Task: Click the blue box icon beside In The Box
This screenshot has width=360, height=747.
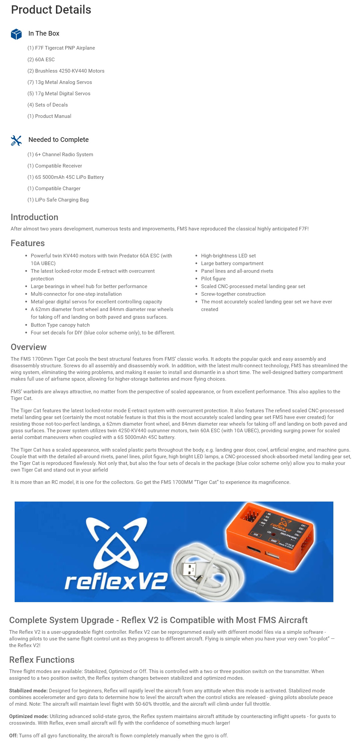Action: [x=16, y=34]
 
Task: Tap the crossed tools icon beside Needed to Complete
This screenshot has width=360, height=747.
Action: [x=16, y=141]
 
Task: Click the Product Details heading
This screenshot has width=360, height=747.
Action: [x=51, y=10]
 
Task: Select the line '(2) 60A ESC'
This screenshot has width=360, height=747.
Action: [x=41, y=60]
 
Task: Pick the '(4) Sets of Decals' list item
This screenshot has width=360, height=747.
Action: [x=48, y=105]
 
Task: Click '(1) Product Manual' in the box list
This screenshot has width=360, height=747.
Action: [x=49, y=116]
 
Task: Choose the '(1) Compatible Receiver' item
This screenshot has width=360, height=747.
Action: [x=55, y=166]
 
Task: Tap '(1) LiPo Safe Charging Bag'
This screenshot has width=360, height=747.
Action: [x=58, y=200]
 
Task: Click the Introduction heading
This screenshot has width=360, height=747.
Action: [x=34, y=217]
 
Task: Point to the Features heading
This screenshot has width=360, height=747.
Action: [x=28, y=243]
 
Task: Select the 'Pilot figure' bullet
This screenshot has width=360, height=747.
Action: [x=213, y=279]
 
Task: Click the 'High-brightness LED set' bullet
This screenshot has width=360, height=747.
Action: [x=228, y=256]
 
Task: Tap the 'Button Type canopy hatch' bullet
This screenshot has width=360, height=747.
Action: [x=60, y=325]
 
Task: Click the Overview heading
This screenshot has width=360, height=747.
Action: [x=29, y=347]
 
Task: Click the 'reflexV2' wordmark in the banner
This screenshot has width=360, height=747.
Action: [x=116, y=581]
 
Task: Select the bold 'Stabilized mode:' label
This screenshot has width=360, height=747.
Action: [x=28, y=691]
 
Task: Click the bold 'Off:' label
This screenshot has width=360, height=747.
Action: [x=13, y=735]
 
